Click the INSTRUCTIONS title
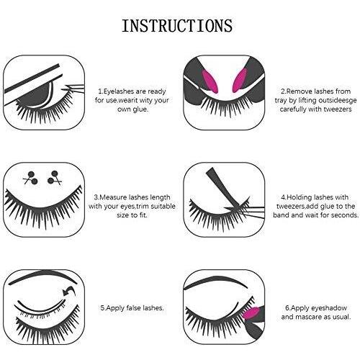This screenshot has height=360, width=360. pos(177,26)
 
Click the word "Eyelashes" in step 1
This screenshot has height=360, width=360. pos(118,91)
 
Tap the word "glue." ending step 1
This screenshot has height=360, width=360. pos(140,109)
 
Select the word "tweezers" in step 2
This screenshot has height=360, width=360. pos(338,109)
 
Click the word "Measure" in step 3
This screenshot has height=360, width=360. pos(113,197)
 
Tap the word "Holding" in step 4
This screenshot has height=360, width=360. pos(300,197)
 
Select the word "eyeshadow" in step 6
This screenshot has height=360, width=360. pos(330,308)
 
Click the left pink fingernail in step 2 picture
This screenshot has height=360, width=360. pos(210,81)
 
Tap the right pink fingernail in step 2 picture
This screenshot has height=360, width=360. pos(240,81)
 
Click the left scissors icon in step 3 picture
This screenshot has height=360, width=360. pos(31,178)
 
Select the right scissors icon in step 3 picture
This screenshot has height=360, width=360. pos(55,178)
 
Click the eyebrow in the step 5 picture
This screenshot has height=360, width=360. pos(42,276)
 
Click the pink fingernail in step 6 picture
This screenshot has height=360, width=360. pos(251,313)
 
